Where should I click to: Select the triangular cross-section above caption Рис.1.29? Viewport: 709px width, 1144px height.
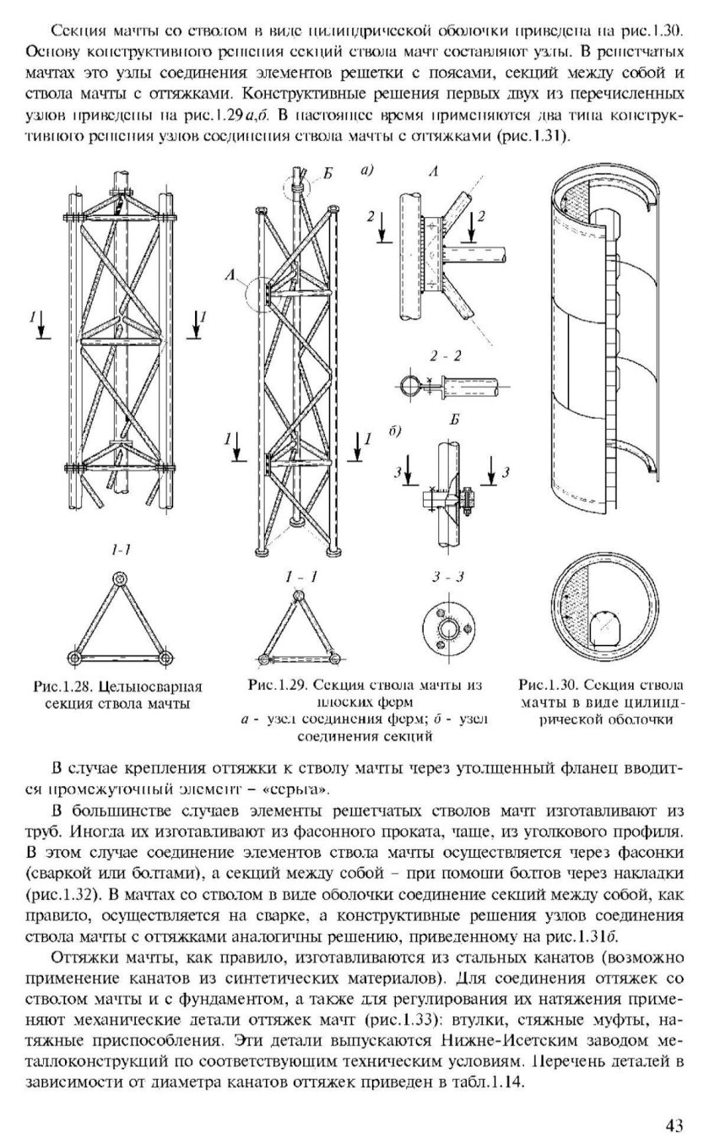pos(300,628)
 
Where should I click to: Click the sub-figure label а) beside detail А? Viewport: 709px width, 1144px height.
pos(366,171)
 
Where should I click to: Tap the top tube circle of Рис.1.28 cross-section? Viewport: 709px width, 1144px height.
pos(119,580)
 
